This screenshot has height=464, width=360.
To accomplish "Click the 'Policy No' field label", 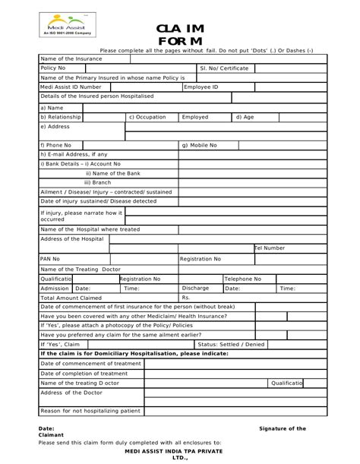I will [x=53, y=68].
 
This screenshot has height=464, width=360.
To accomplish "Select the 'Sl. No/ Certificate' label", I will [x=226, y=68].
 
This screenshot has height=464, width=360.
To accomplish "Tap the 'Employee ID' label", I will [x=201, y=87].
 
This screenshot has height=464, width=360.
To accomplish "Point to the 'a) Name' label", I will [x=52, y=108].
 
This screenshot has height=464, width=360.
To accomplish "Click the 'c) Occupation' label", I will [x=147, y=118].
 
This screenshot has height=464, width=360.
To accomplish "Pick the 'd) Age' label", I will [x=245, y=118].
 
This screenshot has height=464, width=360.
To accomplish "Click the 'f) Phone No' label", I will [x=55, y=145].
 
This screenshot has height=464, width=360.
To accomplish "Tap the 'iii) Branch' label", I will [x=97, y=182].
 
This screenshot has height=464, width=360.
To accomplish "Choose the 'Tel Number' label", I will [x=270, y=248].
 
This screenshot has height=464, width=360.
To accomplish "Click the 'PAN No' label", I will [x=49, y=259].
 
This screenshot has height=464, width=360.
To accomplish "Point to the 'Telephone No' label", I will [x=243, y=279].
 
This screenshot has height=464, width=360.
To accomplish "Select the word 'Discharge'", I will [x=195, y=289].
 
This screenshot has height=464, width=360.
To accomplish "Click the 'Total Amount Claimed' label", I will [x=70, y=298].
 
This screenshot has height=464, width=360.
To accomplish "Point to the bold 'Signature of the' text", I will [x=283, y=429].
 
